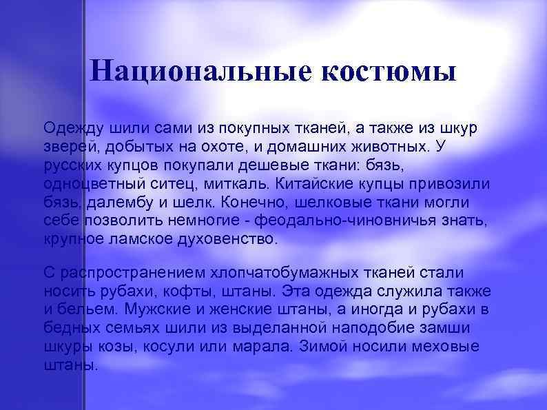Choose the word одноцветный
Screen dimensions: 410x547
coord(88,184)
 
